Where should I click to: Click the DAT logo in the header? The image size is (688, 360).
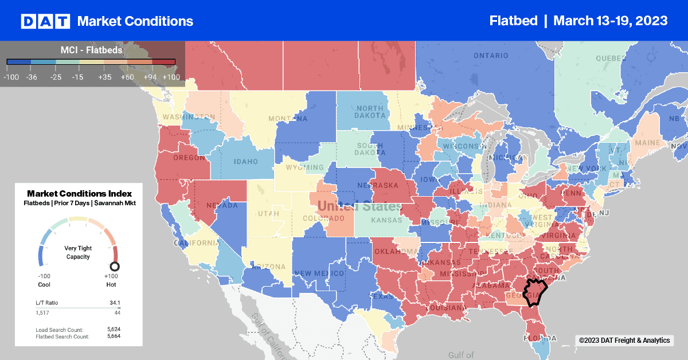coord(45,21)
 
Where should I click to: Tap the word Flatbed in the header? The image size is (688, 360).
coord(513,21)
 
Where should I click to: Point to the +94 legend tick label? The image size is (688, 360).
coord(148,77)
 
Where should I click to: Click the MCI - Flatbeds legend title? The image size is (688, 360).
coord(91,50)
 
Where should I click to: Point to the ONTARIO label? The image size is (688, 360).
coord(491,56)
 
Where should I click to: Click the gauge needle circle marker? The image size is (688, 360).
coord(114,267)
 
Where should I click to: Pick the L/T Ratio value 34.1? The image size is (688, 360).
coord(114,302)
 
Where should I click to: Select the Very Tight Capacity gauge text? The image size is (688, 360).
coord(78,252)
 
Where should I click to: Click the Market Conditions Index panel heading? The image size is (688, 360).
coord(79,194)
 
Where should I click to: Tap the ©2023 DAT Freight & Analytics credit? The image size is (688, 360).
coord(624,341)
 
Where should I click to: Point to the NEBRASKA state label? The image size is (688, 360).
coord(396,186)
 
